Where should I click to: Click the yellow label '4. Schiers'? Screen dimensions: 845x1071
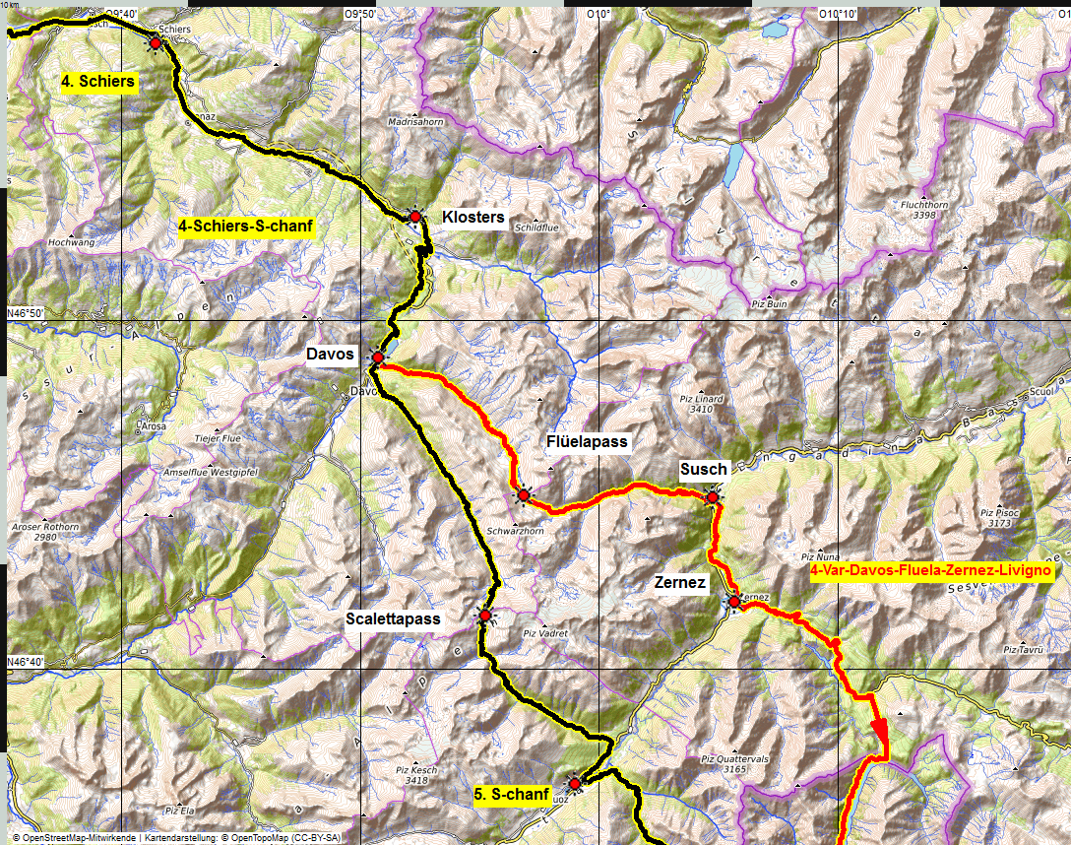coord(97,82)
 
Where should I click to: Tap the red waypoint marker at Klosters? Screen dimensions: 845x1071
coord(415,217)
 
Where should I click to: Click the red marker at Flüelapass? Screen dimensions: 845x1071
coord(524,494)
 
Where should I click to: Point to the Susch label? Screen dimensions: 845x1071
coord(703,470)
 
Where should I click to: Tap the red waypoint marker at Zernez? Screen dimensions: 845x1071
coord(734,601)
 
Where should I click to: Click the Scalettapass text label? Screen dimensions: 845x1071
coord(393,619)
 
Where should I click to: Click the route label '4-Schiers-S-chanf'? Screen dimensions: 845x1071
coord(246,227)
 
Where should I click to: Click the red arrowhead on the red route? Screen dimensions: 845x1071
coord(879,734)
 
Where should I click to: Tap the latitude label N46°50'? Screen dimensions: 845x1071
coord(29,313)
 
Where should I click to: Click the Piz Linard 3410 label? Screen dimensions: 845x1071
coord(701,403)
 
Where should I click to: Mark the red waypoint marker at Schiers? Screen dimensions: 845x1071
coord(155,42)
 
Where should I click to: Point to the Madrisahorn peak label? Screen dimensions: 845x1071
coord(416,121)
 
